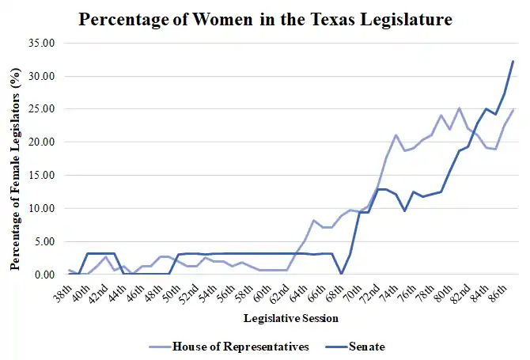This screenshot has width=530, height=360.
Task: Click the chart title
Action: coord(265,18)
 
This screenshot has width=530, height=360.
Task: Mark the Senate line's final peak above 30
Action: coord(513,61)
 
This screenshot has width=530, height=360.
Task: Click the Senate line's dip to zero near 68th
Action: coord(341,274)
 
